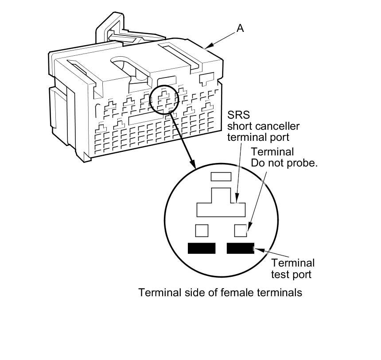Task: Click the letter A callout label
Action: (240, 28)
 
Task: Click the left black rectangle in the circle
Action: (202, 248)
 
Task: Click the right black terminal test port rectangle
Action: (240, 248)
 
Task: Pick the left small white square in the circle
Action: (202, 230)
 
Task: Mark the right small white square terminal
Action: (240, 230)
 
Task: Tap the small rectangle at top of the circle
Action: (221, 177)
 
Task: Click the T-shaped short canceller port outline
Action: (221, 205)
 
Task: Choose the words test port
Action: (291, 274)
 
